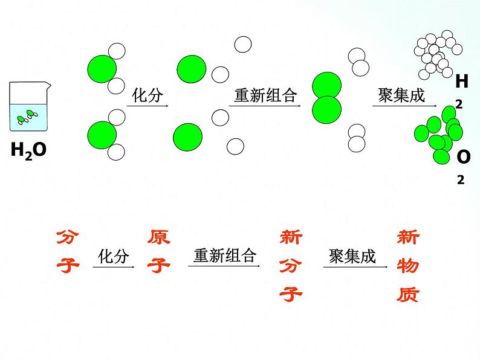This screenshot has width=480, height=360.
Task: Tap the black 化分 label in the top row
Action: pyautogui.click(x=148, y=95)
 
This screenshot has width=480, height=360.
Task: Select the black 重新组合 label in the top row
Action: pyautogui.click(x=265, y=95)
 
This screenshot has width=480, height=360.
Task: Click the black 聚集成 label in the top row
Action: pyautogui.click(x=401, y=95)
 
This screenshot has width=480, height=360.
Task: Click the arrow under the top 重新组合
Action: pyautogui.click(x=265, y=108)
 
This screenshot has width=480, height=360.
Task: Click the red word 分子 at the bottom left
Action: pyautogui.click(x=68, y=251)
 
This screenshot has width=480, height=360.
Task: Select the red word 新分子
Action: pyautogui.click(x=291, y=266)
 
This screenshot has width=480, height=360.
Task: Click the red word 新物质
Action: pyautogui.click(x=407, y=266)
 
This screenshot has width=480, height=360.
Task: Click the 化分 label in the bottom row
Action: pyautogui.click(x=114, y=257)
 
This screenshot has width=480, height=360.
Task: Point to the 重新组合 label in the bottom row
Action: pyautogui.click(x=225, y=256)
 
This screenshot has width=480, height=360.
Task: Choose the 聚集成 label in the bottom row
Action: pyautogui.click(x=352, y=257)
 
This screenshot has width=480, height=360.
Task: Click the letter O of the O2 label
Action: pyautogui.click(x=463, y=157)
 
